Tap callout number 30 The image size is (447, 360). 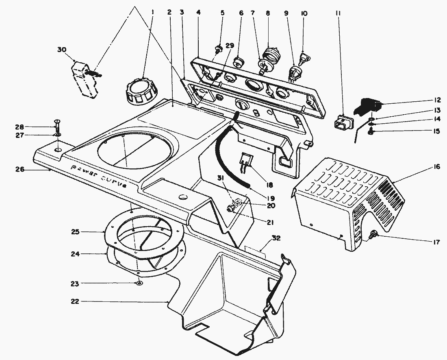click(x=62, y=50)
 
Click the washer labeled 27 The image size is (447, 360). click(x=57, y=135)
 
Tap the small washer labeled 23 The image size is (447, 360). click(x=139, y=283)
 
